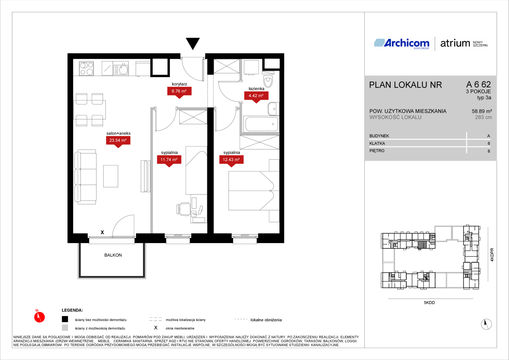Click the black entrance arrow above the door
(x=193, y=43)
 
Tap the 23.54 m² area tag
(x=118, y=141)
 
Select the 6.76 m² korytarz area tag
(x=179, y=92)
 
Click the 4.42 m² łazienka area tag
(x=256, y=96)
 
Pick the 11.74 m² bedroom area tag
(x=169, y=160)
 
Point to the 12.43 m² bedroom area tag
(x=231, y=160)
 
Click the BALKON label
(x=113, y=255)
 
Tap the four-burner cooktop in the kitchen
(x=86, y=68)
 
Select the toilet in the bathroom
(x=268, y=80)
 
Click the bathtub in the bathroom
(x=261, y=124)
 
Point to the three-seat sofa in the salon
(x=85, y=177)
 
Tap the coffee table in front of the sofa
(x=111, y=176)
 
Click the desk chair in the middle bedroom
(x=183, y=209)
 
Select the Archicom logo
(x=402, y=43)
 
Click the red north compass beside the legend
(x=39, y=317)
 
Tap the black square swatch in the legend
(x=65, y=319)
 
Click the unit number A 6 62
(x=478, y=84)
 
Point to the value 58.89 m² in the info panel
(x=482, y=111)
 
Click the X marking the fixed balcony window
(x=102, y=232)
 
